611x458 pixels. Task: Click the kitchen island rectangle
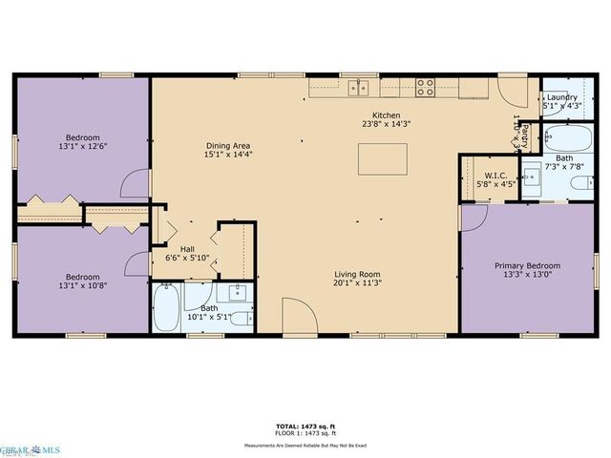click(x=382, y=158)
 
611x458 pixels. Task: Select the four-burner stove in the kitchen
click(x=425, y=88)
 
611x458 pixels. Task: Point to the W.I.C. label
click(x=495, y=175)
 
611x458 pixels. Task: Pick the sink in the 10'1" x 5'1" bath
click(x=238, y=293)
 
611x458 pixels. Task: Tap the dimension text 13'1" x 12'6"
click(x=82, y=146)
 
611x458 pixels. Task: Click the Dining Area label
click(x=228, y=146)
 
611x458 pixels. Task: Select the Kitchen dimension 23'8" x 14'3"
click(x=386, y=123)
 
